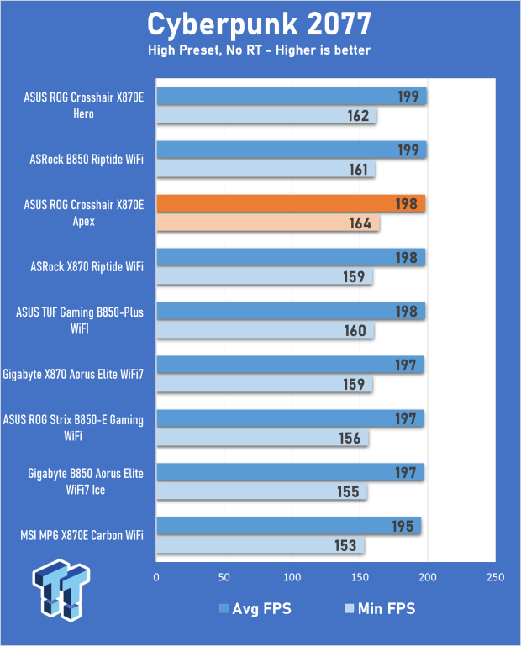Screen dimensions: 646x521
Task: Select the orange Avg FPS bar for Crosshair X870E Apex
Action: pos(290,204)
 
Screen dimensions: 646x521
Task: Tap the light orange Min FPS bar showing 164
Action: pos(267,223)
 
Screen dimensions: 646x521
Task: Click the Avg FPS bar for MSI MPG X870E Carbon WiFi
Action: pos(288,527)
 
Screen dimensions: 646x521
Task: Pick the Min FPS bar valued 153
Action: pos(260,546)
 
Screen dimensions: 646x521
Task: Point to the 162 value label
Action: pos(358,116)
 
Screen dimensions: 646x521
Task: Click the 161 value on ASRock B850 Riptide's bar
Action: pos(357,170)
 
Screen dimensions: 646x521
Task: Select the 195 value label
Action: pos(403,527)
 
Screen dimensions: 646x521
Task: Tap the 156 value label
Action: pos(350,439)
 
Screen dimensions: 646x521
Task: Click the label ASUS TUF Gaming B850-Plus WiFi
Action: pos(80,320)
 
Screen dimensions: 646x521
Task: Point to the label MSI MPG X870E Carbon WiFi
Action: pos(82,535)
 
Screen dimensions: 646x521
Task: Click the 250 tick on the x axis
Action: pos(495,578)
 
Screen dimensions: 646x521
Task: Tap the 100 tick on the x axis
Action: pos(292,578)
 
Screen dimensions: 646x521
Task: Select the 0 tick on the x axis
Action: pos(156,578)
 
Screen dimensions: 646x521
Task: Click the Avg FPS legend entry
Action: pos(255,608)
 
